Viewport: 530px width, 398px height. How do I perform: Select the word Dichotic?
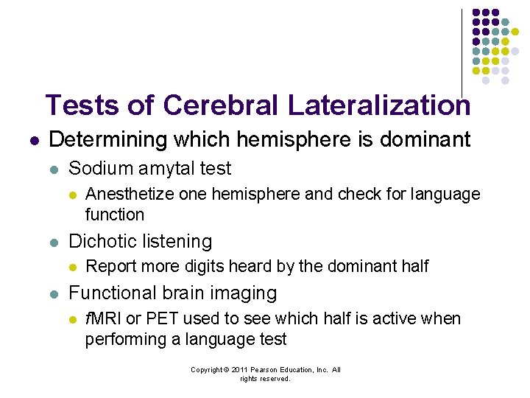99,241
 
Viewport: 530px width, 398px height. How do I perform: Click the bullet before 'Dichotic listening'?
52,242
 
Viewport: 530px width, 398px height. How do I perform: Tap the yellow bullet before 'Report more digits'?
71,267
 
